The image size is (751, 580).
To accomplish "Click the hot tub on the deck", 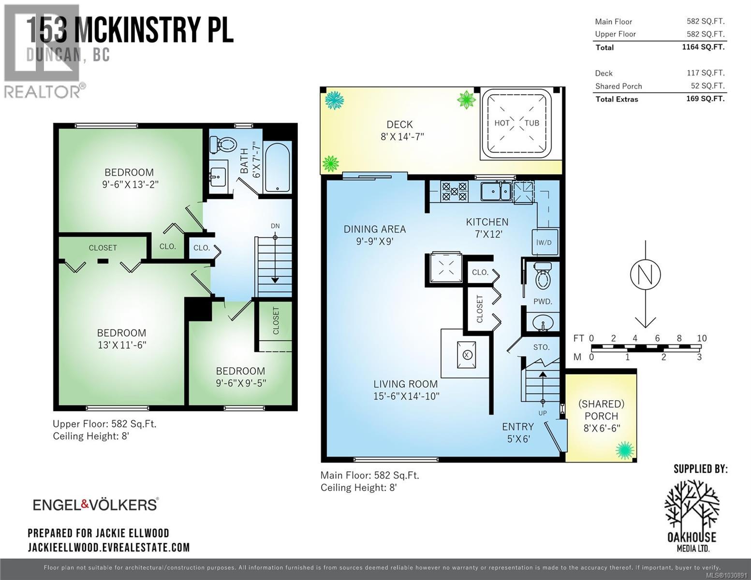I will point(517,123).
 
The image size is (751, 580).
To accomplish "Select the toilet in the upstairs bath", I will point(222,144).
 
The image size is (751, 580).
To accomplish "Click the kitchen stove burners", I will point(454,190).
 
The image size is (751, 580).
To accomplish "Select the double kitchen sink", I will point(496,190).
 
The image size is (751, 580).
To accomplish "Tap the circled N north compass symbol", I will point(645,275).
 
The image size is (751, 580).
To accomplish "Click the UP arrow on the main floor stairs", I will point(543,387).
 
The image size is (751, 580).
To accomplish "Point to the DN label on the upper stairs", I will point(275,226).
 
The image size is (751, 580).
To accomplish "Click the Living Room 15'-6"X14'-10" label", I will point(406,390).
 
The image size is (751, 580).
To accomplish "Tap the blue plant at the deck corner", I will point(334,101).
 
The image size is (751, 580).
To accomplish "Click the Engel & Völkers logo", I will point(95,505).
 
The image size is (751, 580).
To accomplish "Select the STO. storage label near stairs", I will point(541,347).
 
